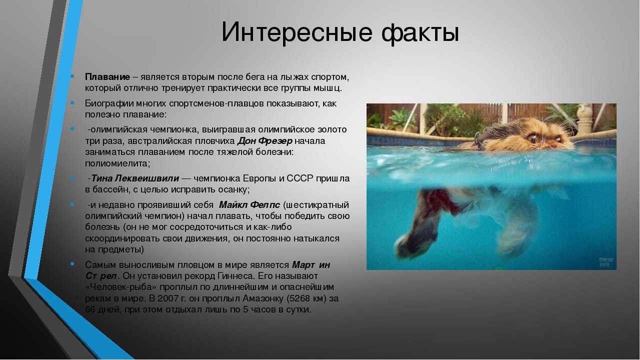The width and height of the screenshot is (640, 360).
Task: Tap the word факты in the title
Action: pyautogui.click(x=420, y=32)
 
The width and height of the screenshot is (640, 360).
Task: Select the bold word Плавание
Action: pyautogui.click(x=107, y=77)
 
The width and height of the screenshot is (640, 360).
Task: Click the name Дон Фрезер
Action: pyautogui.click(x=265, y=141)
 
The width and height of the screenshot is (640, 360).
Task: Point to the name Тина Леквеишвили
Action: pyautogui.click(x=135, y=178)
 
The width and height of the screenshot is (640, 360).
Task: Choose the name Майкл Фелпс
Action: pyautogui.click(x=249, y=205)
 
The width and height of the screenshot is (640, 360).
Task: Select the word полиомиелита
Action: pyautogui.click(x=116, y=163)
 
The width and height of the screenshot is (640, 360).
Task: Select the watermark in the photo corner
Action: pyautogui.click(x=606, y=262)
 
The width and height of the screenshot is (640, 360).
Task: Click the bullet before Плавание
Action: pyautogui.click(x=72, y=76)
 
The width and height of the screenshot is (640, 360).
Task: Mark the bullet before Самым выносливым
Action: pyautogui.click(x=72, y=264)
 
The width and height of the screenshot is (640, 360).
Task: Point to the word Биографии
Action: pyautogui.click(x=109, y=103)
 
